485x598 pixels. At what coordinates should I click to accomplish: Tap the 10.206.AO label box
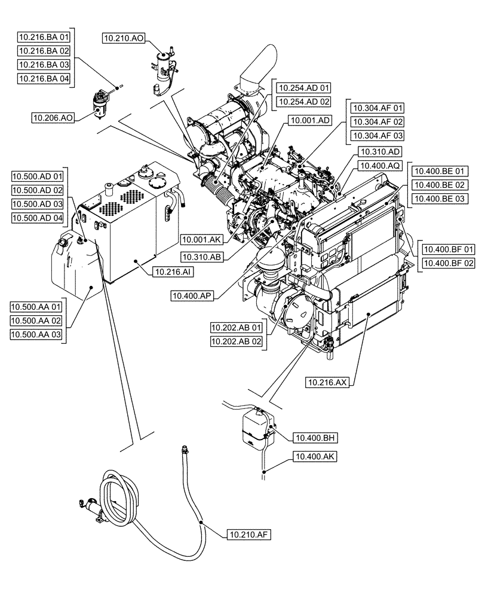(x=54, y=118)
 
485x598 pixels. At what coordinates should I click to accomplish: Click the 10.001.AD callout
(x=310, y=120)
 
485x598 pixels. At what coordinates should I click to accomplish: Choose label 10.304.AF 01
(x=379, y=108)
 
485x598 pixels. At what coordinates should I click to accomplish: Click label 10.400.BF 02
(x=449, y=263)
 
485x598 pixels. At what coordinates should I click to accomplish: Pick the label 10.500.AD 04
(x=37, y=217)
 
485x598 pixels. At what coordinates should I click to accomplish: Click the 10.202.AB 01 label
(x=236, y=328)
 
